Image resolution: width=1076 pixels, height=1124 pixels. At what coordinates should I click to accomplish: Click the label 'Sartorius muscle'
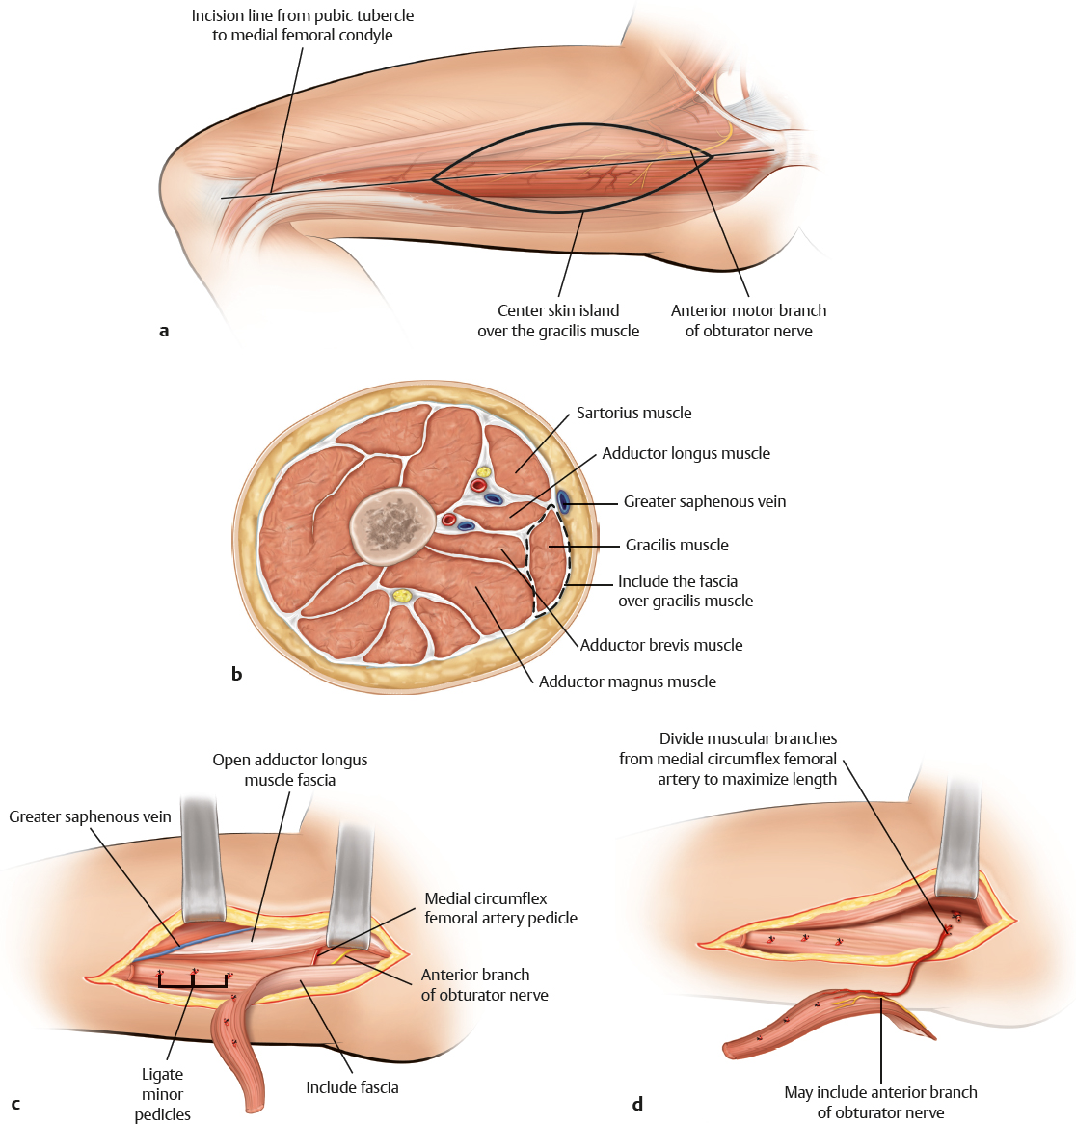pos(633,413)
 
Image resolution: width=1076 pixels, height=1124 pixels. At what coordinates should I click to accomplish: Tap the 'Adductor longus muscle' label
pos(686,453)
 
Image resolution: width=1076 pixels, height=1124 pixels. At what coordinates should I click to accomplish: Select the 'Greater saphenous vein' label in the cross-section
pos(704,501)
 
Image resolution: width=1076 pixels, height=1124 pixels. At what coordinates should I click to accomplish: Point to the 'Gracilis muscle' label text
pos(677,545)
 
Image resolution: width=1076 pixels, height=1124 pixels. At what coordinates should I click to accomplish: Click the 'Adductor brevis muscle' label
pos(661,645)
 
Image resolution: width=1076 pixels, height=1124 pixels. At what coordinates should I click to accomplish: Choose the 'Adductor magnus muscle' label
pos(627,682)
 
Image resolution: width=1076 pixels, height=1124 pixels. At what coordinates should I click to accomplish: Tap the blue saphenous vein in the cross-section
pos(562,501)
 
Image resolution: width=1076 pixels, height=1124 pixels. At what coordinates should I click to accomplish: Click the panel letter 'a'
pos(164,331)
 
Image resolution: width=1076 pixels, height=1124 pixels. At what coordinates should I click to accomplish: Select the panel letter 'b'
pos(236,674)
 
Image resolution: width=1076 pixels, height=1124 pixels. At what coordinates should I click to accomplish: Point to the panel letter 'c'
pos(15,1104)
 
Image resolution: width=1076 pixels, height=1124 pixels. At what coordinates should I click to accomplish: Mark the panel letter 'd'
pos(637,1104)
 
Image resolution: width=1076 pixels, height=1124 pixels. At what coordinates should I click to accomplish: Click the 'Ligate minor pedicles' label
pos(162,1094)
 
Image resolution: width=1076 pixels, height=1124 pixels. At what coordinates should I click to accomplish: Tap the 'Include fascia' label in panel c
pos(352,1087)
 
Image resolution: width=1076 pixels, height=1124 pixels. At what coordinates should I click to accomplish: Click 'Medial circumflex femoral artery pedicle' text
pos(500,908)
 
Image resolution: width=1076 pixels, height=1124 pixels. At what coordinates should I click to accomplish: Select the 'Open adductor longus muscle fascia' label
pos(290,769)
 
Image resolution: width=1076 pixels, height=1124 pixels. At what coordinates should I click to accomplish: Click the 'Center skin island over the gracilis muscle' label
pos(558,320)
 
